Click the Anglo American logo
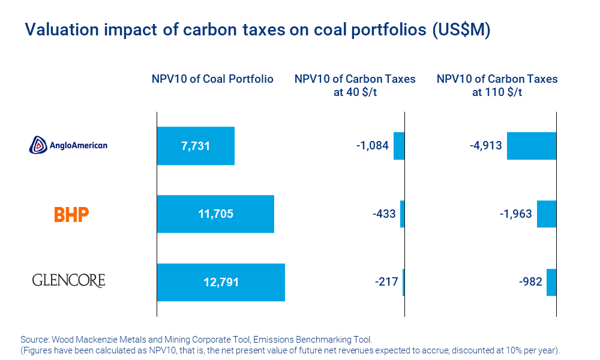[68, 145]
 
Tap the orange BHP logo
[71, 214]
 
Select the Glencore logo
[68, 280]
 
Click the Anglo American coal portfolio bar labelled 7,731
[196, 146]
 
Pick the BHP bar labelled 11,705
[215, 214]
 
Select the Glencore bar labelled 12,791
[221, 282]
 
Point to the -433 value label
[383, 214]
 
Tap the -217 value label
[385, 281]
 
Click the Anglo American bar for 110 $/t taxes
[532, 146]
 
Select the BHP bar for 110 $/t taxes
[547, 214]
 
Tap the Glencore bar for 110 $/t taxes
[551, 282]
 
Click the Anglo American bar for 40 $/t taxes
[399, 146]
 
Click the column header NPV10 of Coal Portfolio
[212, 79]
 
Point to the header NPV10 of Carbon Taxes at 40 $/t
[355, 86]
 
